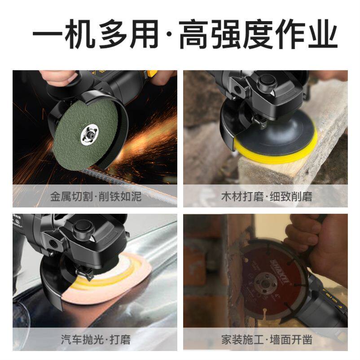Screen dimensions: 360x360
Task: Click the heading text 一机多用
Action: tap(95, 34)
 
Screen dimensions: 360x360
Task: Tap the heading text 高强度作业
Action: tap(258, 34)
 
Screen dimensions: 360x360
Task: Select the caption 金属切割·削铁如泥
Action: tap(96, 197)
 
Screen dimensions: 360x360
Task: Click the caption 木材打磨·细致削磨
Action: tap(267, 197)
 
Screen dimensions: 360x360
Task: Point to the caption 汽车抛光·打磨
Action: tap(96, 339)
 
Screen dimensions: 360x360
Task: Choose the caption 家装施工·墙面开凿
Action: tap(267, 339)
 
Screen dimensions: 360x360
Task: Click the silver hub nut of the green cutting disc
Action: tap(89, 134)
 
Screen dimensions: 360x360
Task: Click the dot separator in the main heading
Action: tap(169, 35)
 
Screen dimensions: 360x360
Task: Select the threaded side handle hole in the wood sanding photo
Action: tap(236, 88)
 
